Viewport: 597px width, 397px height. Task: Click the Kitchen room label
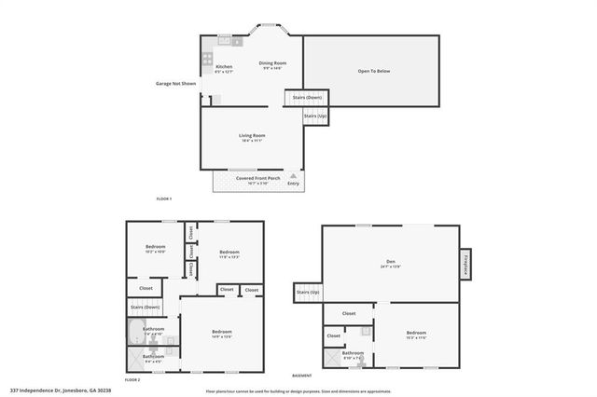[224, 67]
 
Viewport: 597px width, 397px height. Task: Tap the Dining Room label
[271, 63]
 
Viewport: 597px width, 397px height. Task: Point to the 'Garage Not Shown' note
[176, 84]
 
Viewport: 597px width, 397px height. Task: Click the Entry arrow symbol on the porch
[294, 175]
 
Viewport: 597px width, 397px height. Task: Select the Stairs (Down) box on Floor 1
[307, 97]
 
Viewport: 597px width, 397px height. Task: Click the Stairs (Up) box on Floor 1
[315, 116]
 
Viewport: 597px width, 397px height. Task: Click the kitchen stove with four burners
[206, 61]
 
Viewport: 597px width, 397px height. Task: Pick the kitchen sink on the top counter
[225, 40]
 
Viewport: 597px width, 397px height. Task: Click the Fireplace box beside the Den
[465, 264]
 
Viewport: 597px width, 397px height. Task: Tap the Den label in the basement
[391, 264]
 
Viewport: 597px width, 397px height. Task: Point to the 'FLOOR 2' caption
[132, 380]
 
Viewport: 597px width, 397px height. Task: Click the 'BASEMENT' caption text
[302, 375]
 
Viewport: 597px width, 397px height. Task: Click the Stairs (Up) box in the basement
[309, 293]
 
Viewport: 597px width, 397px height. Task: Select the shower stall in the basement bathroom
[330, 357]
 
